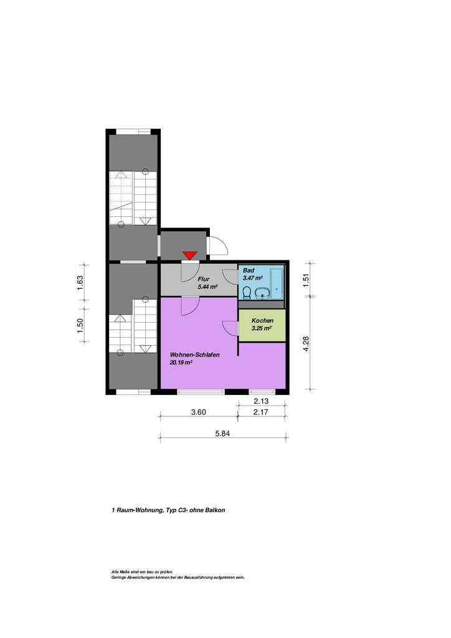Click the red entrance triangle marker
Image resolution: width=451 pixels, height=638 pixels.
point(190,255)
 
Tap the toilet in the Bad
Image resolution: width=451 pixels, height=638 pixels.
point(247,293)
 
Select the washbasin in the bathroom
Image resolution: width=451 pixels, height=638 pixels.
point(262,293)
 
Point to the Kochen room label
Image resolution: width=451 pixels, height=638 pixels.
point(262,321)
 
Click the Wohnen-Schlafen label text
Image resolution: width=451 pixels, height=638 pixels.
point(195,355)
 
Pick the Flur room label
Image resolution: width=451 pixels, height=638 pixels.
point(203,279)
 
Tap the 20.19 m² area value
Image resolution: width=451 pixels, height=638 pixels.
point(181,362)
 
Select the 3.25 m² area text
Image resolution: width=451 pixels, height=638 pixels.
point(262,328)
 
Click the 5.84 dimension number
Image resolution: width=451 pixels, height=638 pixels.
point(222,434)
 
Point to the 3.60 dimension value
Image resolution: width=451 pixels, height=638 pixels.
point(199,412)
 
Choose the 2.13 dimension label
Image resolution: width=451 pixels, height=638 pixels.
point(261,401)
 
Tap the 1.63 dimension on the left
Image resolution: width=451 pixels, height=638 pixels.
point(80,283)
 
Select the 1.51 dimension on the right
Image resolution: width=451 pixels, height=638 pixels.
point(306,281)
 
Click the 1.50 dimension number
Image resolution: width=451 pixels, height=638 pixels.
point(80,325)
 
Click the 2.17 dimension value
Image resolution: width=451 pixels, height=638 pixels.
point(260,412)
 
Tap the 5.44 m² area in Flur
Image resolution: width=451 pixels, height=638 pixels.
point(208,287)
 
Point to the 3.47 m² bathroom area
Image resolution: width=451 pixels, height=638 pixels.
point(252,278)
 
